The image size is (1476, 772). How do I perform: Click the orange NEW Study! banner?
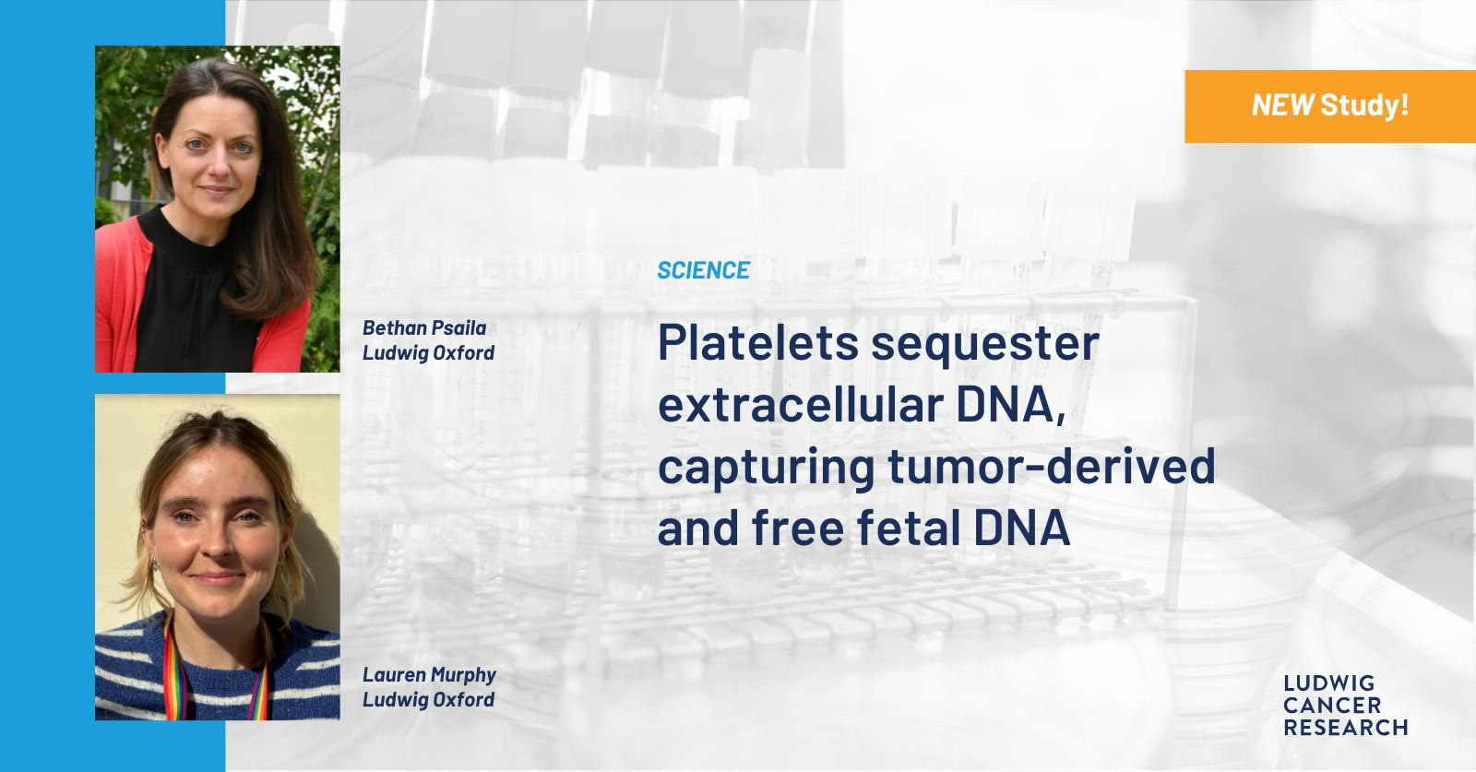tap(1329, 106)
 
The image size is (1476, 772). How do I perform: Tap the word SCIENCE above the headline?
tap(703, 270)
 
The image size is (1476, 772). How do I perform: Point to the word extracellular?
tap(800, 404)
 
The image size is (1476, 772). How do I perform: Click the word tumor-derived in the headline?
tap(1052, 466)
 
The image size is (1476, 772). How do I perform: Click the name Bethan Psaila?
tap(424, 328)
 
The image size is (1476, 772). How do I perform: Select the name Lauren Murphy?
tap(429, 676)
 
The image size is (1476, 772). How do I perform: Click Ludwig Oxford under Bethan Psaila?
tap(428, 354)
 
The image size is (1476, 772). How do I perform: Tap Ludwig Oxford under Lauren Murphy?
tap(428, 700)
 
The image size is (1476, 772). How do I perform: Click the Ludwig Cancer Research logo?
tap(1346, 706)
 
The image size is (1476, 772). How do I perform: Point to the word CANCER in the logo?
tap(1332, 706)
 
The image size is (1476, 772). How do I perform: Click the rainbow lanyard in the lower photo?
tap(173, 671)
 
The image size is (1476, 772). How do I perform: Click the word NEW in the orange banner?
tap(1282, 105)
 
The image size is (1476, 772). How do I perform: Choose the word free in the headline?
tap(797, 527)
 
